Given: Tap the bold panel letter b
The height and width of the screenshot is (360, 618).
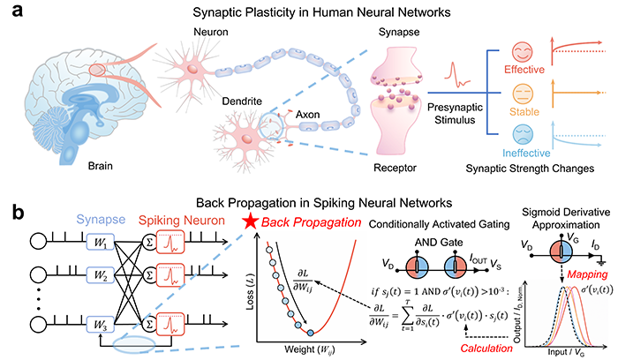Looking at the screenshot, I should click(11, 214).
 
